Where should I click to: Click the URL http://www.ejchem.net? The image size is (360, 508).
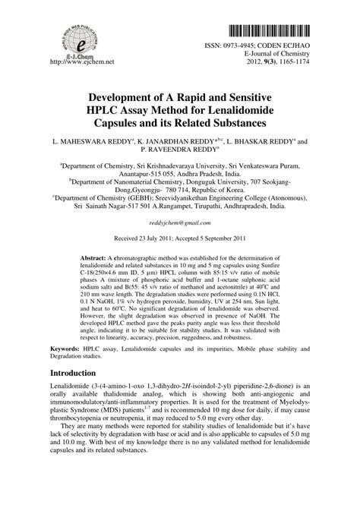(x=76, y=60)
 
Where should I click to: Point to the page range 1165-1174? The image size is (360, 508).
(x=293, y=61)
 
